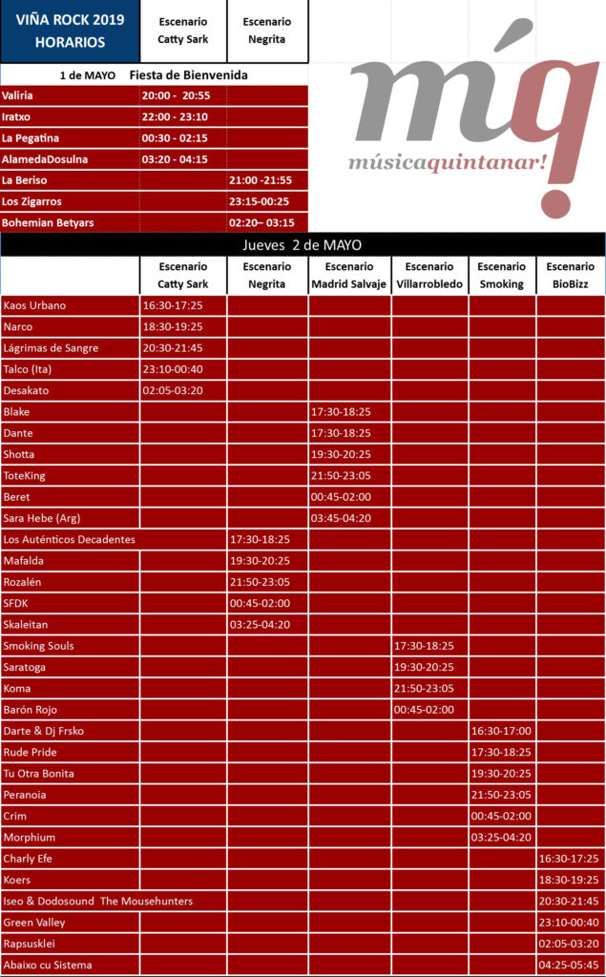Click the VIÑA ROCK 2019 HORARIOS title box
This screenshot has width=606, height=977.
pos(70,31)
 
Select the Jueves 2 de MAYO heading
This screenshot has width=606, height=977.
pos(303,245)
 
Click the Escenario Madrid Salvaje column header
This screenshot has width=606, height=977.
pos(348,275)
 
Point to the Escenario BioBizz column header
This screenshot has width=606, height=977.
pos(571,275)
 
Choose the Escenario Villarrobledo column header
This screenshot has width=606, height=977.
pos(429,275)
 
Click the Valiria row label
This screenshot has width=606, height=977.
pos(18,95)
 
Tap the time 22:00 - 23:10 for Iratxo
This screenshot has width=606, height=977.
pos(175,116)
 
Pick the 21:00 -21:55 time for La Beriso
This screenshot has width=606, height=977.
pos(261,180)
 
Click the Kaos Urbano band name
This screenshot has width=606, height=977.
pos(35,305)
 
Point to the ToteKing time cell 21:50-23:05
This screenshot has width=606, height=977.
pos(341,475)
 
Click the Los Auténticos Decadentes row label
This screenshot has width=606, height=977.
pos(69,539)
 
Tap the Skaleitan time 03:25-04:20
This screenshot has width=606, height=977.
pos(260,624)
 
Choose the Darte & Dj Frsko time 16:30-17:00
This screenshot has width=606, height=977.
pos(501,731)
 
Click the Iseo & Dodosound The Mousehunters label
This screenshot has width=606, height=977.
pos(97,901)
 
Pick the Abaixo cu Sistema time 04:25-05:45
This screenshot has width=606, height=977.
pos(570,965)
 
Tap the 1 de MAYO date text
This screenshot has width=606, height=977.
pos(88,74)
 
